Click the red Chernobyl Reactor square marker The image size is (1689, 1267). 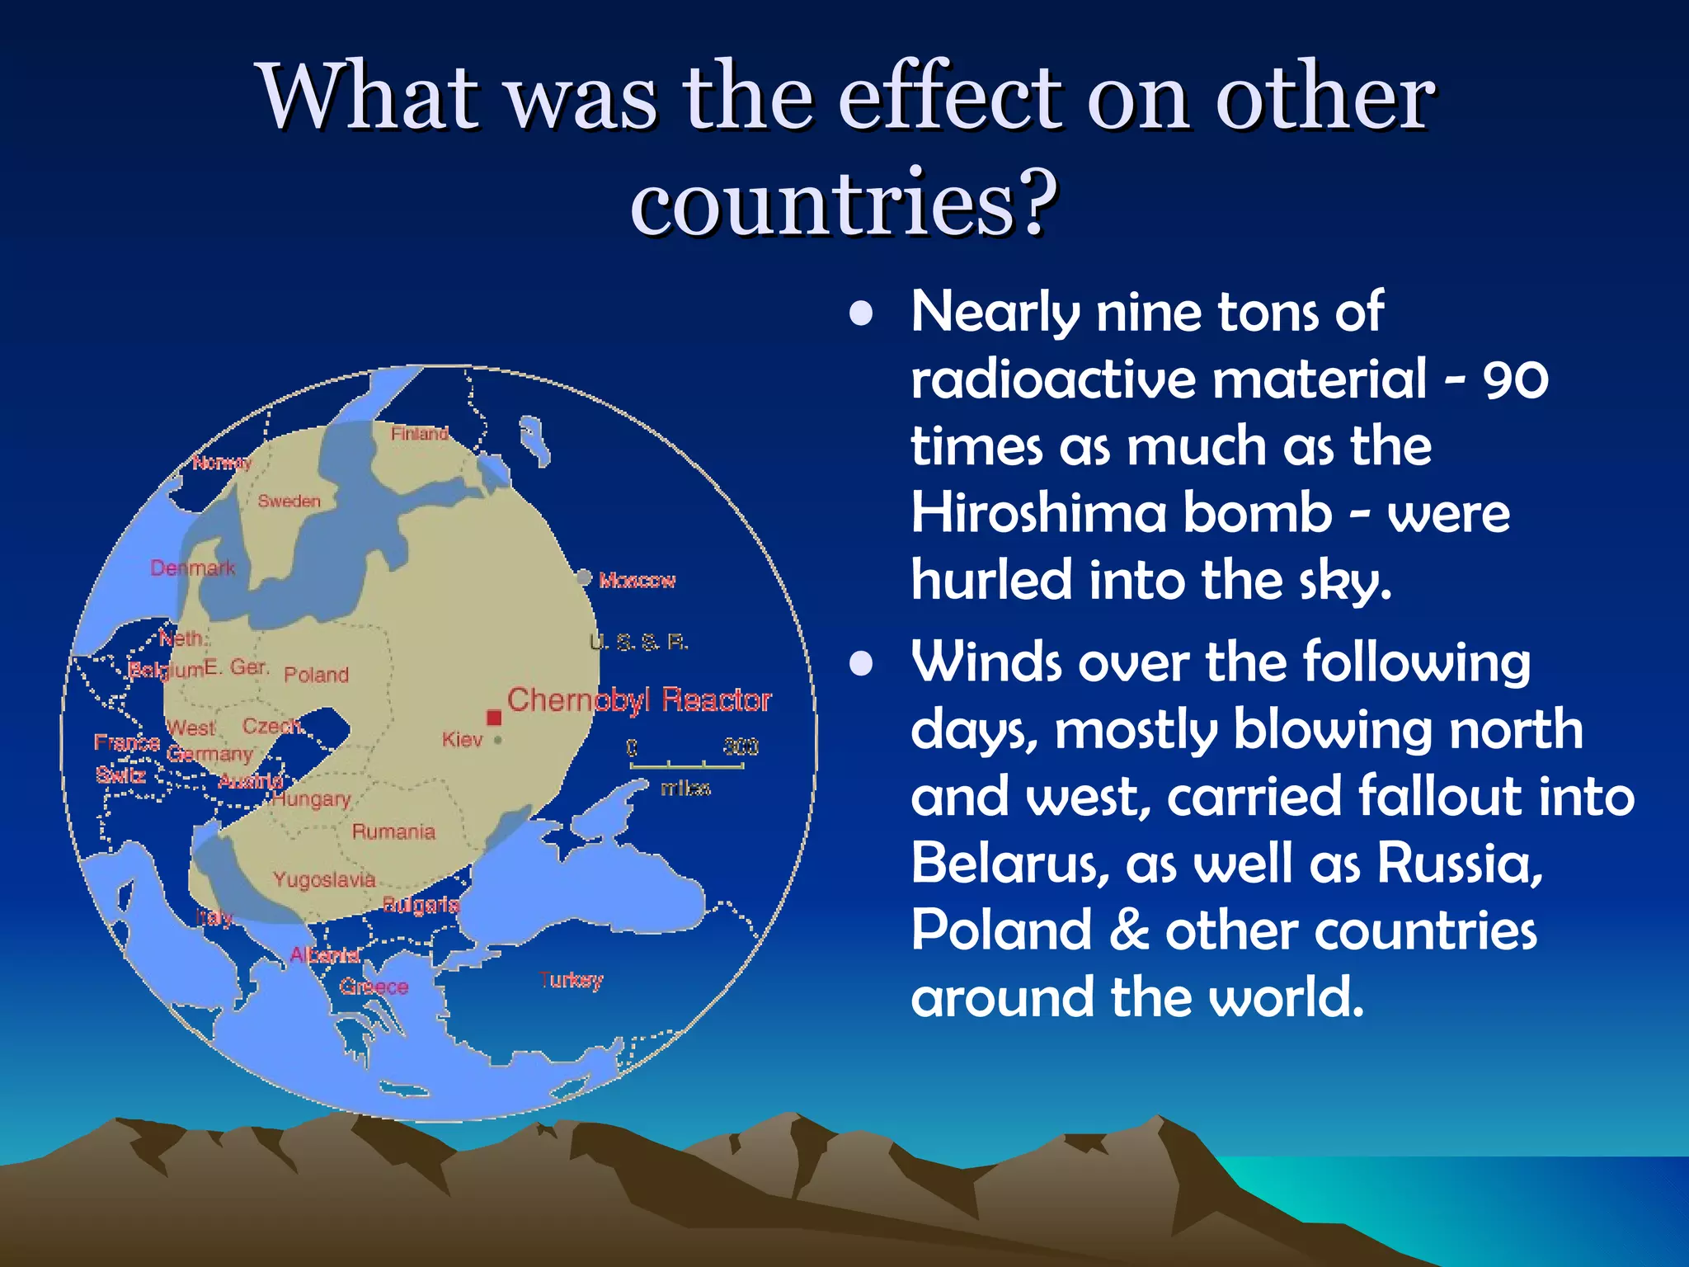coord(494,717)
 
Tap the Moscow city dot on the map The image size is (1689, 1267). coord(584,577)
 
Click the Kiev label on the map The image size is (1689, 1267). coord(462,740)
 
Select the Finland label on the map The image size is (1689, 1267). coord(419,433)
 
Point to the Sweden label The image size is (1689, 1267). coord(289,501)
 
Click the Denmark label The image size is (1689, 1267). coord(192,568)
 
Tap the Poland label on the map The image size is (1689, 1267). coord(316,675)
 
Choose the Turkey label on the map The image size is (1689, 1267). coord(571,980)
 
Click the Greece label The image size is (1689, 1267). coord(374,987)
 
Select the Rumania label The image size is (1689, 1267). coord(393,831)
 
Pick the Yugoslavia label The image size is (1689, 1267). coord(324,880)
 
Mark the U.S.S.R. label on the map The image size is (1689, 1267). coord(639,642)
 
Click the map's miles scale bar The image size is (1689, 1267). coord(687,766)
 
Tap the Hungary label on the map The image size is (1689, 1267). coord(312,799)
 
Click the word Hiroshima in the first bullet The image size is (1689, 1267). coord(1037,513)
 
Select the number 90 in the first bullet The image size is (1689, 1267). coord(1515,380)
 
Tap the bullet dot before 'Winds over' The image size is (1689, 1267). coord(861,663)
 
